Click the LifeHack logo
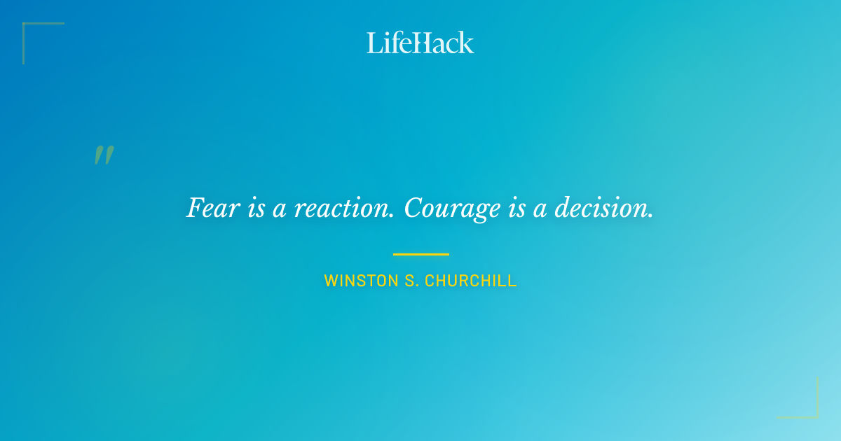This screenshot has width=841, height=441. (x=420, y=43)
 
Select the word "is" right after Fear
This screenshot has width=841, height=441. (x=256, y=209)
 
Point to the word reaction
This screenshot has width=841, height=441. (x=340, y=209)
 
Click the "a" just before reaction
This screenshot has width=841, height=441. (x=280, y=210)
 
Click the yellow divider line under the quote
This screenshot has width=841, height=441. (x=420, y=254)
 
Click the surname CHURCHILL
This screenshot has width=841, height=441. (x=470, y=281)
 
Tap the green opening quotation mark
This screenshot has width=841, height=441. (x=104, y=155)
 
